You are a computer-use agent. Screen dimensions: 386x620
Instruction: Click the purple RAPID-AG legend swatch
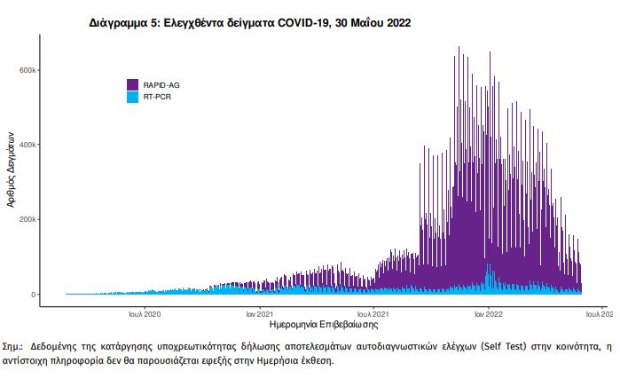point(133,84)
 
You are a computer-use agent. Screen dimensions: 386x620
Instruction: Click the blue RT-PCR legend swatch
point(133,96)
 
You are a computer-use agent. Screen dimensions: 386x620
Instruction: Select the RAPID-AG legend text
point(161,84)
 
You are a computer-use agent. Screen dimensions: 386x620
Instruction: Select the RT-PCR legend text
point(158,96)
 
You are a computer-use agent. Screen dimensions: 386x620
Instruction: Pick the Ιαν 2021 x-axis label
point(259,314)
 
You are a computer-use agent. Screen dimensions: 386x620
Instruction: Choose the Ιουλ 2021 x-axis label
point(373,314)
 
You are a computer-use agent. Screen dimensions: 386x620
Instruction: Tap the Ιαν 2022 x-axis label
point(489,314)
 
